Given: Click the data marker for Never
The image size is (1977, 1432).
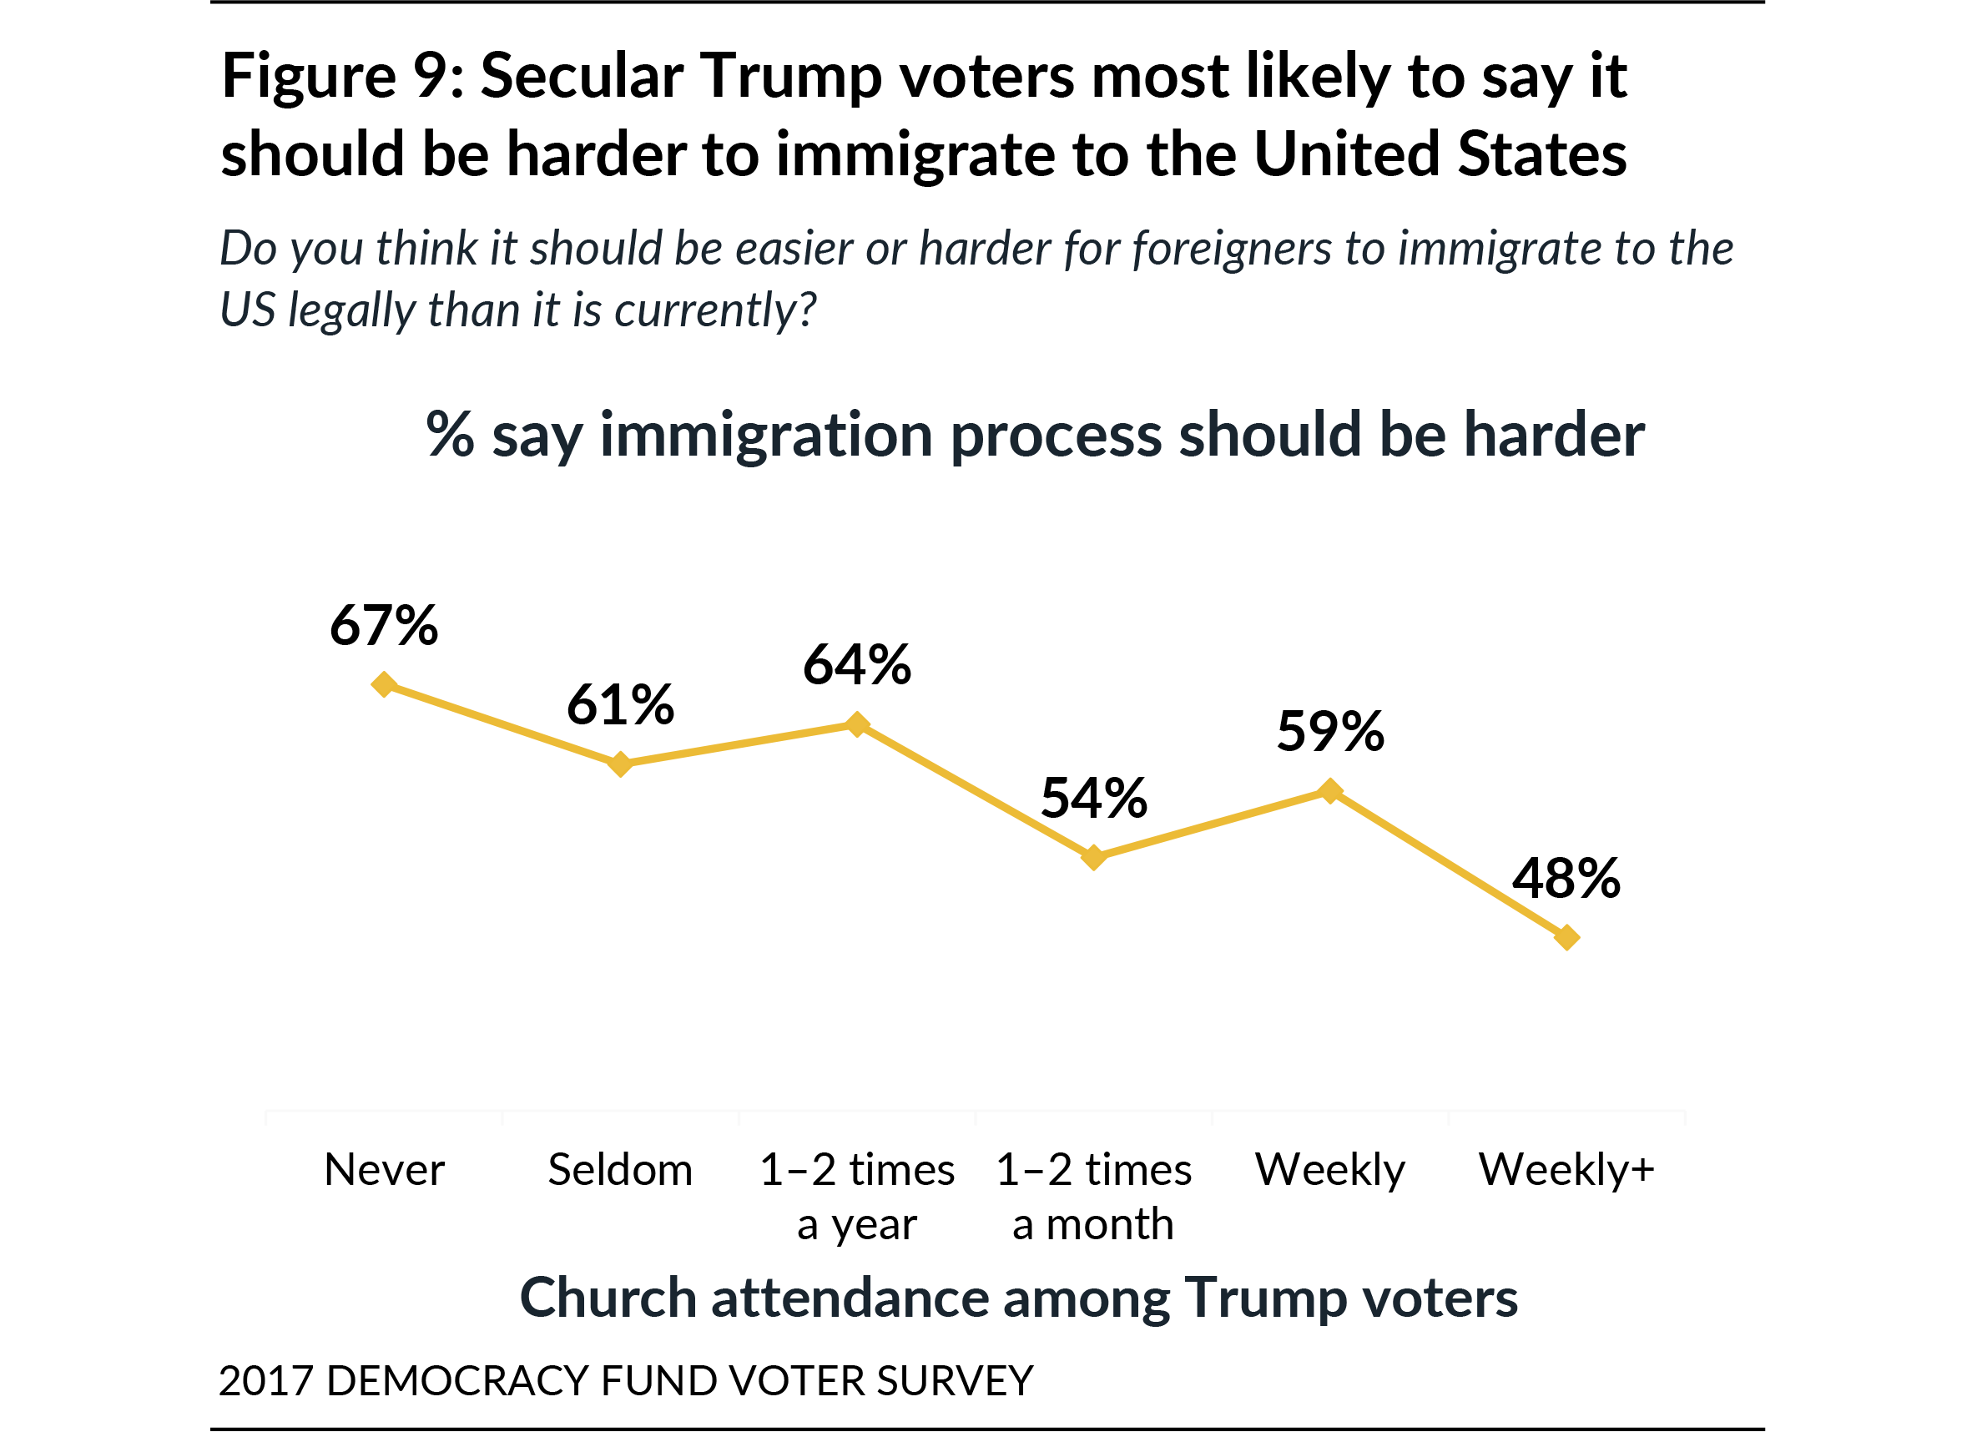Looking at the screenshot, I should point(384,684).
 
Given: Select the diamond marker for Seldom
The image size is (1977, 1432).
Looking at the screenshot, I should point(620,764).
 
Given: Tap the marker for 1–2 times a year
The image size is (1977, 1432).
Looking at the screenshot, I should point(858,724).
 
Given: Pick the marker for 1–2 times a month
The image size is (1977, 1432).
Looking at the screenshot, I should point(1094,857).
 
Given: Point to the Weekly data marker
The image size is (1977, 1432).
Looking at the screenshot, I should point(1330,790).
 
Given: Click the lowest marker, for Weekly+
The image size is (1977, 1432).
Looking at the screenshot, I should point(1566,937).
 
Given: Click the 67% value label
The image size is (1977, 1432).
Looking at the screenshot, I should point(384,625).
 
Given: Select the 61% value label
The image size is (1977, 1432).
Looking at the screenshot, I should point(620,704).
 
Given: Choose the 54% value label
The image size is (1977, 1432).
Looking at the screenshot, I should point(1094,798).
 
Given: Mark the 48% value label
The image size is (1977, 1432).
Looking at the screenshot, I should point(1566,878).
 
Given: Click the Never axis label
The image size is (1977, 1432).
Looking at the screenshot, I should point(384,1169).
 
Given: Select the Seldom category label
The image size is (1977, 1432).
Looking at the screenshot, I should point(620,1169).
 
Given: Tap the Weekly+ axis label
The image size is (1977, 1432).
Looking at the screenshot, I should point(1566,1169).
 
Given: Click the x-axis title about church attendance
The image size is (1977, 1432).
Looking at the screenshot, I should point(1018,1297).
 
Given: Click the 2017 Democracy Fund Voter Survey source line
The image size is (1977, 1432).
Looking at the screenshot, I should point(625,1380).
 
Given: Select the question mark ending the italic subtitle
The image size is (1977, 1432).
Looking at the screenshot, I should point(807,310).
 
